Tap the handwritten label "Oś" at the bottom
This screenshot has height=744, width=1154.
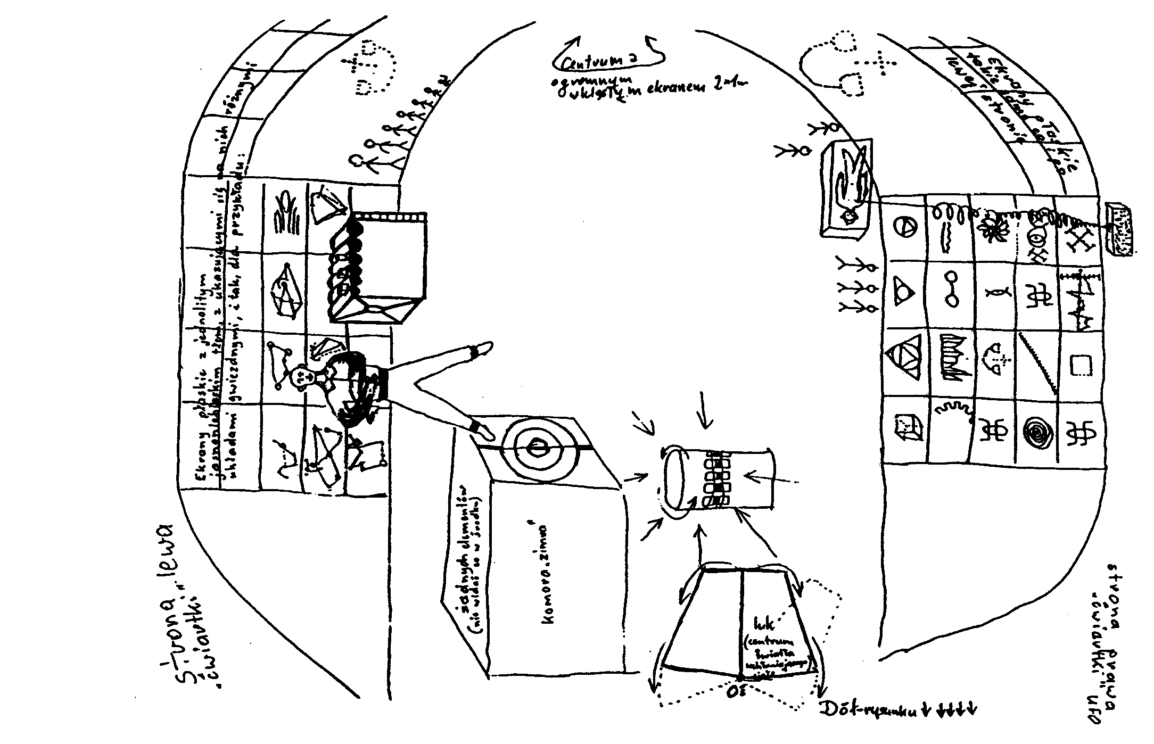pos(740,691)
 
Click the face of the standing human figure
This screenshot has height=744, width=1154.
pos(303,375)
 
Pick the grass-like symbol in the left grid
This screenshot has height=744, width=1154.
pos(285,215)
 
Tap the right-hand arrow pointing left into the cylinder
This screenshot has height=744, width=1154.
pos(772,478)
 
